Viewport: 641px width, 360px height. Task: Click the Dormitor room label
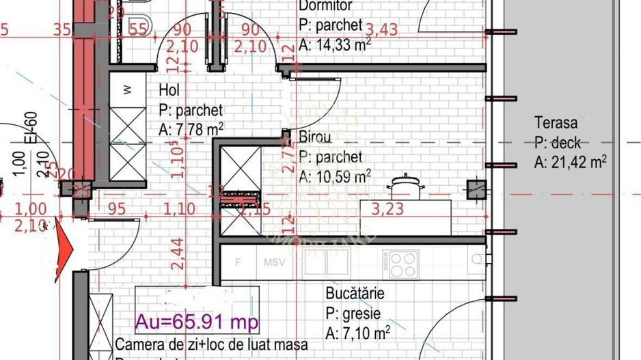325,6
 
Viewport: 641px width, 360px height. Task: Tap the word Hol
170,90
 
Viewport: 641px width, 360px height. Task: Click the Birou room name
315,137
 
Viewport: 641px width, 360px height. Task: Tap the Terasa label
556,123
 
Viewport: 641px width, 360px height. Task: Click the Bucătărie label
355,294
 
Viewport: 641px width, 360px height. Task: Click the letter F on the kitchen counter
238,262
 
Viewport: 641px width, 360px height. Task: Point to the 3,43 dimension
382,30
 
